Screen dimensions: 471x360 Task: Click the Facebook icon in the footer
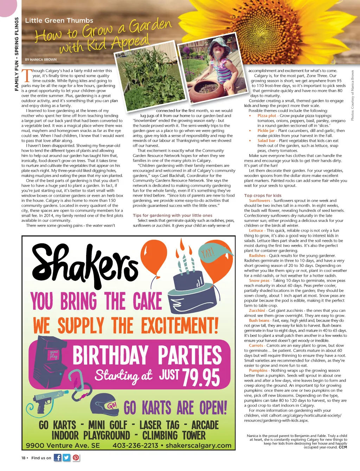coord(57,457)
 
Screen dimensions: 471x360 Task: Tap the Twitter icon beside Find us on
coord(66,457)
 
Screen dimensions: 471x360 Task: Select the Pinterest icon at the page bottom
coord(76,457)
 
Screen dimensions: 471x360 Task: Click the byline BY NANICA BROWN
coord(41,60)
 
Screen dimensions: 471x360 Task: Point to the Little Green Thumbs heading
coord(59,20)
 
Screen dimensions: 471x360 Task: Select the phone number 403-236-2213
coord(135,445)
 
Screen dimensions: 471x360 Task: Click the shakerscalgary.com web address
coord(199,445)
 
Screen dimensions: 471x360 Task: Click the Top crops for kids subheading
coord(263,196)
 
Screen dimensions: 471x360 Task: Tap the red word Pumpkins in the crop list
coord(258,370)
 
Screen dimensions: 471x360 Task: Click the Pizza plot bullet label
coord(266,116)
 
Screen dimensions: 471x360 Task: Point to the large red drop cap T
coord(26,76)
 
